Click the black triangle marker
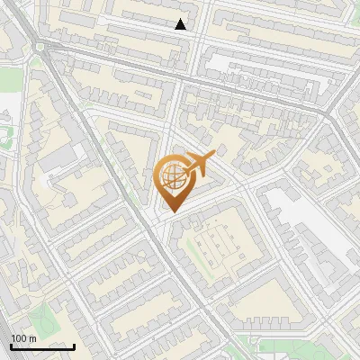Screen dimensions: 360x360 coord(181,24)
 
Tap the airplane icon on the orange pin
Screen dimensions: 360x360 coord(199,164)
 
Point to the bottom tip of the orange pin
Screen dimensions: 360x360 coord(171,212)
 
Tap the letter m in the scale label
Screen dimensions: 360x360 coord(33,338)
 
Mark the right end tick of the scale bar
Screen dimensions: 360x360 coord(74,345)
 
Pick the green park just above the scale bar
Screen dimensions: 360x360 coord(40,315)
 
